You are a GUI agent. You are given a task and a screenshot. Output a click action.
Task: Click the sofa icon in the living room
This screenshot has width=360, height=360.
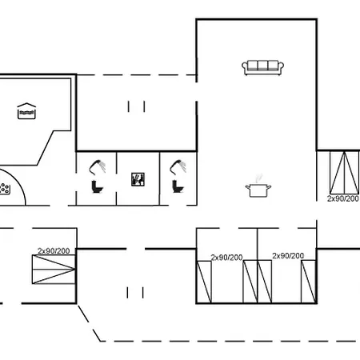262,68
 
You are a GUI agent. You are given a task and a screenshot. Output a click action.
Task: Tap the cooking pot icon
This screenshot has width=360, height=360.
258,190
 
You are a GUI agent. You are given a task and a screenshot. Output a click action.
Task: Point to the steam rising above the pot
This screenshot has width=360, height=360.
258,178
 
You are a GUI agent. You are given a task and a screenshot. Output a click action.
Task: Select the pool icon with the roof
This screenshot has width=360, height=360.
26,111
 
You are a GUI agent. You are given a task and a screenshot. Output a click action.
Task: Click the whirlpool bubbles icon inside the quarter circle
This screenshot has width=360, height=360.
5,189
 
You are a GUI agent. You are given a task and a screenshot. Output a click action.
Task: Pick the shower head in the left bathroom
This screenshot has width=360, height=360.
98,167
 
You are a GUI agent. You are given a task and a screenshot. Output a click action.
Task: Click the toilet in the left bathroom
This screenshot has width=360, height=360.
97,186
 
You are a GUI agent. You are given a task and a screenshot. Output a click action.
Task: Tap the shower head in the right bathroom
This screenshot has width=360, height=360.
178,167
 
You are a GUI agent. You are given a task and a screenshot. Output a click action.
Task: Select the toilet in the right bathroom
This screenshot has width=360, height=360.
178,186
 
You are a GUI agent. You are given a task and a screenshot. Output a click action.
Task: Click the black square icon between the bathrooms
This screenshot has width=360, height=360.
138,179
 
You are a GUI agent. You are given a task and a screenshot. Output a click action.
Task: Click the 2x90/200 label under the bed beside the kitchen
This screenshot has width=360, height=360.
343,198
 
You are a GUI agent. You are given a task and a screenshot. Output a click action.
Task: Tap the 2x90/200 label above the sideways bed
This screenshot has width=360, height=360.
54,251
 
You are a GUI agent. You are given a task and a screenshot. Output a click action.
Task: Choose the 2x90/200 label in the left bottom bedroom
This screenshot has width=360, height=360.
226,258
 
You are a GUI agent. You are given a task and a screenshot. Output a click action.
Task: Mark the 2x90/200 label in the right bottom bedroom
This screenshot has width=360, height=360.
288,256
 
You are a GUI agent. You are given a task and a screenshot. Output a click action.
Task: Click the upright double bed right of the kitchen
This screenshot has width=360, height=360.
344,173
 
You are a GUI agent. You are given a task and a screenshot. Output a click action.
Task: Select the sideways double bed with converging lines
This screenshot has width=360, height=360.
54,270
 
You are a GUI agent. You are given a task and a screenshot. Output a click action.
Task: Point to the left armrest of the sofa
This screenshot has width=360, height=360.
245,67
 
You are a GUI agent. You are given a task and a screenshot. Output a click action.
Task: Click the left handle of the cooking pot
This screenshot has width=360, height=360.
248,187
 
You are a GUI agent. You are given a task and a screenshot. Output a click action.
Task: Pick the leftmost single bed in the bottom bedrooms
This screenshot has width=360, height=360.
204,282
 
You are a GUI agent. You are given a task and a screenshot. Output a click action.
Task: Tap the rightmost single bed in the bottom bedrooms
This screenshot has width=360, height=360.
309,282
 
